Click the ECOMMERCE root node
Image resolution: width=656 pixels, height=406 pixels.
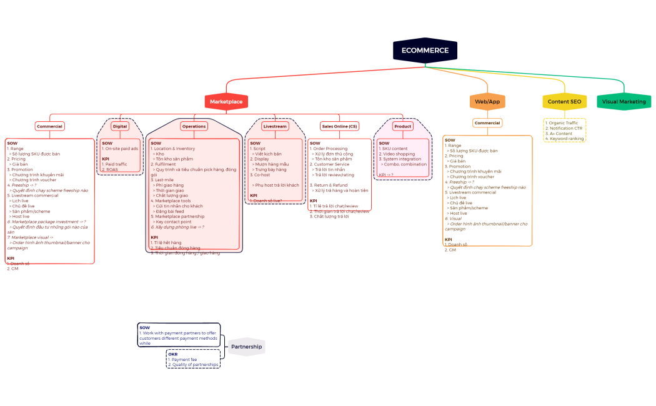point(425,51)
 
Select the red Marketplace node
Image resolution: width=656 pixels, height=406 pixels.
point(226,101)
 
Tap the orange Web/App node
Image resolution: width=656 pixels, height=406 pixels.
point(487,102)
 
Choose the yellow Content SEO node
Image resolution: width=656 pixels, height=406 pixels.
point(564,102)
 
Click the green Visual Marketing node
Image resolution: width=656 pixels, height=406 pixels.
point(624,102)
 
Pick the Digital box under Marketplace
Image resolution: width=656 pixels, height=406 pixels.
point(119,126)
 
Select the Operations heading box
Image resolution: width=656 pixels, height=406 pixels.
point(194,126)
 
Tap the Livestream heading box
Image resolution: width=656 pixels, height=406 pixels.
point(275,126)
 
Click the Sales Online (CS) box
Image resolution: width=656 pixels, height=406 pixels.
point(339,126)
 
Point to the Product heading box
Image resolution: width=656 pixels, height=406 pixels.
point(402,126)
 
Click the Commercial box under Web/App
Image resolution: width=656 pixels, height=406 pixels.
point(487,123)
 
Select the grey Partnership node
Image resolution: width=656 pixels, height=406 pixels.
point(247,347)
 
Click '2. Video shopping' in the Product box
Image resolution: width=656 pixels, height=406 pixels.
point(397,154)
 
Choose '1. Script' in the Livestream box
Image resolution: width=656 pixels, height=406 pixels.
point(258,149)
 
